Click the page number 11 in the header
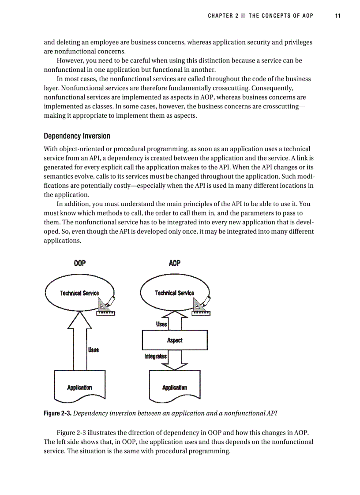(x=337, y=15)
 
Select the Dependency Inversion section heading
(x=77, y=136)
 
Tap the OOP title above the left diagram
(x=79, y=263)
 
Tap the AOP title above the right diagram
(x=175, y=263)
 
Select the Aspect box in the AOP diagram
(x=175, y=340)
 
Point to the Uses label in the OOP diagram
(x=93, y=350)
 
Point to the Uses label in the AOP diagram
(x=161, y=324)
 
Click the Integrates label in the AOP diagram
(x=155, y=356)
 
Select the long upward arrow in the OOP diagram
(x=79, y=344)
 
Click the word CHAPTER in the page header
(x=221, y=15)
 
